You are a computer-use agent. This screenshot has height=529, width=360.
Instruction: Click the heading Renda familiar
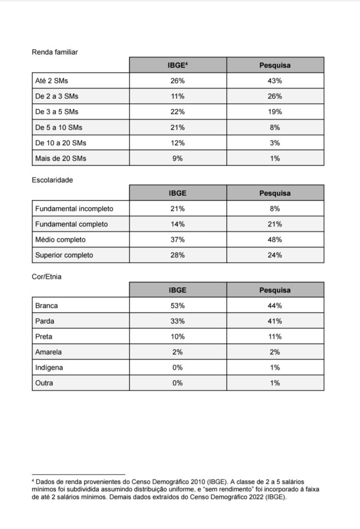55,52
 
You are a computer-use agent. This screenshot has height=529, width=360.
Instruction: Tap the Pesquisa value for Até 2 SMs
275,81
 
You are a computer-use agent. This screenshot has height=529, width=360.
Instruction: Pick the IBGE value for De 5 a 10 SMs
177,127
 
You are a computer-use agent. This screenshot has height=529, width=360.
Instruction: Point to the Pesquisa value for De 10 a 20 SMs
275,143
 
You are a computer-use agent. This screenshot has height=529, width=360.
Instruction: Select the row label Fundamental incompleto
74,209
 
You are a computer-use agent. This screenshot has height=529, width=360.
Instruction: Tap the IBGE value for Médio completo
177,240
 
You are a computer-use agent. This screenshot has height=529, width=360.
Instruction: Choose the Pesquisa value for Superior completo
275,255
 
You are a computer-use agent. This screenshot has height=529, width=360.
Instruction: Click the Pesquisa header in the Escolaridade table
275,193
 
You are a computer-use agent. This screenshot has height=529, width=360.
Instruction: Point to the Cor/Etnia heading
46,277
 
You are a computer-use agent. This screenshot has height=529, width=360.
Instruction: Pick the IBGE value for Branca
177,305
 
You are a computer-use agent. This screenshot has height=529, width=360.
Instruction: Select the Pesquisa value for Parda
275,321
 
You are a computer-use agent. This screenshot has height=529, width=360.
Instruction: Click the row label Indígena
50,367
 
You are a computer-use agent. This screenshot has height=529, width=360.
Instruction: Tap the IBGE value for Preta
177,336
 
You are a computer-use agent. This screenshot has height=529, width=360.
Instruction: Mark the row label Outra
44,383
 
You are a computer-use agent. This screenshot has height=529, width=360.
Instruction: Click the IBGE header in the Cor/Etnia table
177,290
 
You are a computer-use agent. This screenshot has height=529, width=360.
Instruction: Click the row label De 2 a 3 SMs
57,96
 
